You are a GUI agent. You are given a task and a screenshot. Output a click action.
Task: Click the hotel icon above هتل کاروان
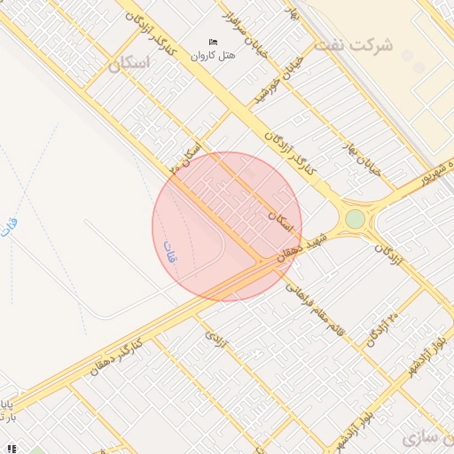tap(213, 43)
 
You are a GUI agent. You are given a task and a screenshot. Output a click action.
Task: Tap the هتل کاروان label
tap(214, 56)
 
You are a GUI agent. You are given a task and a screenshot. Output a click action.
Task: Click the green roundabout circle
tap(355, 218)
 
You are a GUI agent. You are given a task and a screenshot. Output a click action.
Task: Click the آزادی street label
tap(218, 340)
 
